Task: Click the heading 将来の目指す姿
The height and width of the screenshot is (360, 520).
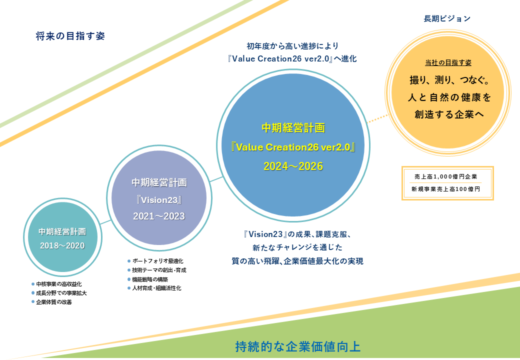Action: point(70,36)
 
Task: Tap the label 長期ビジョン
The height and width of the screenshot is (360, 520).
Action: point(447,18)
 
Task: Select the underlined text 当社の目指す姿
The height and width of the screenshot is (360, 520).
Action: point(448,62)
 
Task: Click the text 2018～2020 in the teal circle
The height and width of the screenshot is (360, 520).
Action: point(62,245)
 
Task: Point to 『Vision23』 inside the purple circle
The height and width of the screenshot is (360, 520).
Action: point(159,200)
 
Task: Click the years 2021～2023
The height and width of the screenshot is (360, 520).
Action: point(159,216)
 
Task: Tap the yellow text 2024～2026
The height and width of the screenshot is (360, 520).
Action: point(293,166)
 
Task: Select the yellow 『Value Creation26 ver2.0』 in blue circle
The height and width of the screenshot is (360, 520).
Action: point(293,147)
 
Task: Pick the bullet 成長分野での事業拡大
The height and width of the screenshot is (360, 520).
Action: point(59,293)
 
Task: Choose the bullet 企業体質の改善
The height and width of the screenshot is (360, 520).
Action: point(51,302)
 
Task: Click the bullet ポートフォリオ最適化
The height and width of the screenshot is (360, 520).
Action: point(155,261)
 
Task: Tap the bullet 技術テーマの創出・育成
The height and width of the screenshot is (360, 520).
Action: point(157,270)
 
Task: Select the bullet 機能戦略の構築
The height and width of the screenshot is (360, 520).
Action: point(148,279)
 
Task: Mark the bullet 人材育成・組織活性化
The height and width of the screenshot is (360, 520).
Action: point(154,288)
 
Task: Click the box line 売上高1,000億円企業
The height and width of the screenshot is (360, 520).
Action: point(445,176)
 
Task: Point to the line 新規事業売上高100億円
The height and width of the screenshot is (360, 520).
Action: point(445,189)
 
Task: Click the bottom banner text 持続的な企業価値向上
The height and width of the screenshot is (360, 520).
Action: point(298,346)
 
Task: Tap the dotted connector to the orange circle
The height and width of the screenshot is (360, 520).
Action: point(377,118)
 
